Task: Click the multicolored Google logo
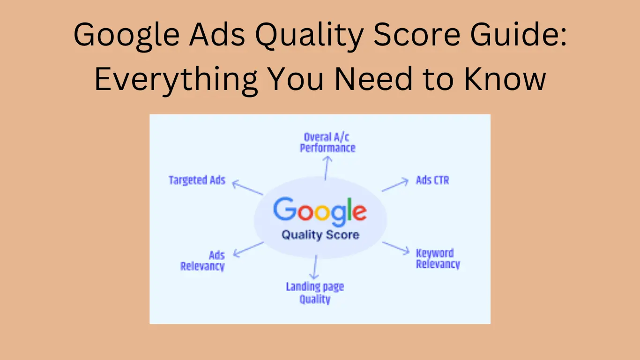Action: [x=320, y=210]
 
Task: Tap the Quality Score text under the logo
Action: [x=320, y=234]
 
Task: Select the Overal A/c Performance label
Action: [x=327, y=142]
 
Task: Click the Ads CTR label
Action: [x=432, y=180]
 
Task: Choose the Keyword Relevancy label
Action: [x=438, y=259]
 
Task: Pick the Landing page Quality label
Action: [x=315, y=293]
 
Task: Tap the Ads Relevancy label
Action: [x=203, y=261]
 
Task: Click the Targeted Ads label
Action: [x=197, y=180]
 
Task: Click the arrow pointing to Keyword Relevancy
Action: [x=396, y=248]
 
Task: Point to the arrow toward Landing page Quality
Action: [x=315, y=267]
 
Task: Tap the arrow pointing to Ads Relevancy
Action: [x=248, y=249]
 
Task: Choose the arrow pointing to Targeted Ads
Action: [x=248, y=188]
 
